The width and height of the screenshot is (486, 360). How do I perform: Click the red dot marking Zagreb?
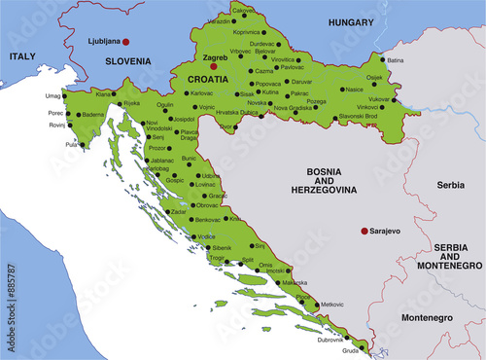[x=200, y=67]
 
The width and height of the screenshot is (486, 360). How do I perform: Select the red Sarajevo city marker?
[x=364, y=232]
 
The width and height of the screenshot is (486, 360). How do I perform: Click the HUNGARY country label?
[x=351, y=20]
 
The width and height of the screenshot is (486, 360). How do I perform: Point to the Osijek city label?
[x=374, y=77]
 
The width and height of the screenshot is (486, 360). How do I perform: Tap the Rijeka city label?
[x=131, y=103]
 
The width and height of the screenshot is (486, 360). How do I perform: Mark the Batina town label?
[x=395, y=60]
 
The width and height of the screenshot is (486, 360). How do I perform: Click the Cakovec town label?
[x=243, y=11]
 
